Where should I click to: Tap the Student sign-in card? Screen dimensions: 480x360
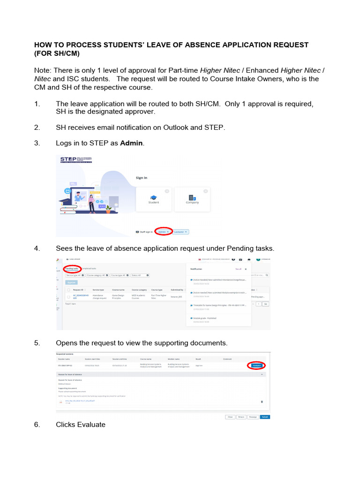click(153, 199)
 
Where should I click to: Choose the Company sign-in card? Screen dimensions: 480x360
click(192, 199)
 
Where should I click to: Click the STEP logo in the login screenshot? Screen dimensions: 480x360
click(75, 160)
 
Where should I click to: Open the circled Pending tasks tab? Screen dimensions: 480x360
click(72, 269)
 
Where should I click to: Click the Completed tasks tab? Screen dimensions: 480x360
click(89, 269)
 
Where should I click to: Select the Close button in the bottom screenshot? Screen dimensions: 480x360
click(230, 417)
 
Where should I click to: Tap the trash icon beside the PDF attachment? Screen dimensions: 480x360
click(262, 401)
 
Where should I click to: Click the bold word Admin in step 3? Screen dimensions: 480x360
click(131, 143)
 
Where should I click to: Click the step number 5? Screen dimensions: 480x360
click(37, 343)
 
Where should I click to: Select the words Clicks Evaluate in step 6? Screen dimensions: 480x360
click(81, 425)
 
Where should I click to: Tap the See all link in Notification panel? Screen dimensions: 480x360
click(238, 269)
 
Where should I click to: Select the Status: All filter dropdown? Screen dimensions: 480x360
click(140, 275)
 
